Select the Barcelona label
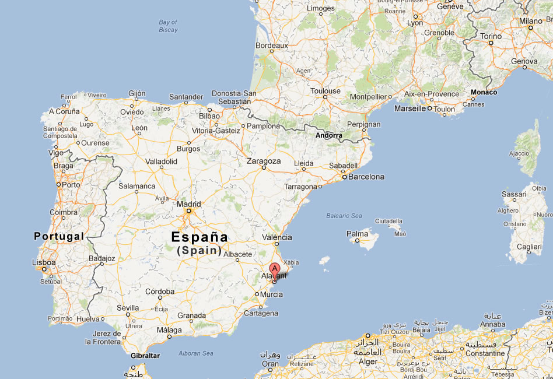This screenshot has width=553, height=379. coord(367,177)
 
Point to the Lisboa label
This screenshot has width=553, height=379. coord(44,263)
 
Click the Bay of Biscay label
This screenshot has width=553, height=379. coord(168,26)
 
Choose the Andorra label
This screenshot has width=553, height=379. coord(329,135)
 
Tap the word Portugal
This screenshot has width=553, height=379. coord(59,236)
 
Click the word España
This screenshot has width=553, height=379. coord(199,237)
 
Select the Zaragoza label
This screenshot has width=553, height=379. coord(264,161)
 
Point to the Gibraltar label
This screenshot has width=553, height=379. coord(145,356)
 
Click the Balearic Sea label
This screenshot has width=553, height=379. coord(344,216)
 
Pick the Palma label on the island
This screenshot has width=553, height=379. coord(358,234)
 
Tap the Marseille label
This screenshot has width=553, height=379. coord(410,108)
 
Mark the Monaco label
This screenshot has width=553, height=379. coord(484,92)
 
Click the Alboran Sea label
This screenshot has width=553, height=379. coord(196,353)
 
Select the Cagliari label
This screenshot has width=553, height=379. coord(530,247)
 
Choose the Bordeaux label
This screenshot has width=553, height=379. coord(272,45)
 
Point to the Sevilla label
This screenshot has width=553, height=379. coord(128,307)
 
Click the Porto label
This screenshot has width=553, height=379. coord(71,184)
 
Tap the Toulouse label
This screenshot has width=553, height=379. coord(325,91)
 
